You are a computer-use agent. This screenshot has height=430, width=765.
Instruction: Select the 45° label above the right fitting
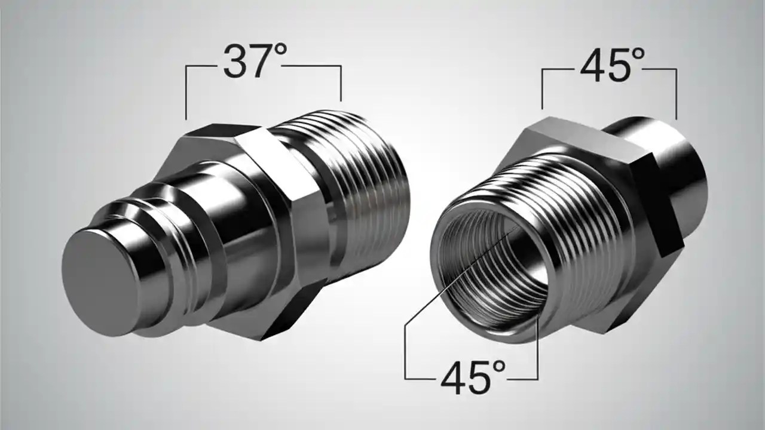[613, 65]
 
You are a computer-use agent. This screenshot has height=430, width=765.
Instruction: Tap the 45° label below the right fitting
[473, 376]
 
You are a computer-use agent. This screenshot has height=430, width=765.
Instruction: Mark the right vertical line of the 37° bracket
[341, 84]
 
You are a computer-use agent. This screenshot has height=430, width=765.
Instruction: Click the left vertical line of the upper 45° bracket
[542, 90]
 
